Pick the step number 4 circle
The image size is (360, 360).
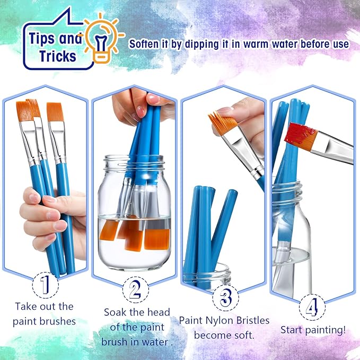pos(312,307)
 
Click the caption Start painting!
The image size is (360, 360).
pos(313,330)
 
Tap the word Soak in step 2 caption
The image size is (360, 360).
pos(116,312)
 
